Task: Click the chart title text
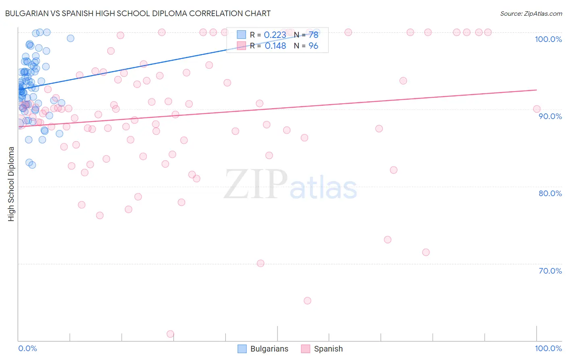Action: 138,13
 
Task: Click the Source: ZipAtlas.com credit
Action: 531,13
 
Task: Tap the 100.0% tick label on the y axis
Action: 548,39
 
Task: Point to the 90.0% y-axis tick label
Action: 550,116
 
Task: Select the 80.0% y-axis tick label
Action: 550,193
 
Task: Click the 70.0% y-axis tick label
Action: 550,271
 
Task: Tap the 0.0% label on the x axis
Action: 27,348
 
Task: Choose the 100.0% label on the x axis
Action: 548,348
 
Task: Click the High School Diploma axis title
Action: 11,184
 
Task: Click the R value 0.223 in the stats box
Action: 275,35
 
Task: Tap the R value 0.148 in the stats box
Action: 275,46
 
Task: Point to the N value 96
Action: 313,46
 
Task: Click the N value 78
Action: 313,35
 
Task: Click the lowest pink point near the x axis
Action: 170,334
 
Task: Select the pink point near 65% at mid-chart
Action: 307,301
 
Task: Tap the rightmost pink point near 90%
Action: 536,109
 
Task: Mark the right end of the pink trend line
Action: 537,90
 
